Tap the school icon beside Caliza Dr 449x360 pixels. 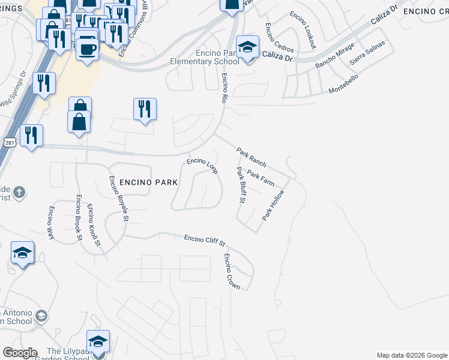point(247,47)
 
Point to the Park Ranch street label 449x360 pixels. point(251,157)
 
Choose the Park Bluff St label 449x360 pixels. point(241,185)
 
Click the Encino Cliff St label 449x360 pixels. point(204,241)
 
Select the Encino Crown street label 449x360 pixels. point(232,272)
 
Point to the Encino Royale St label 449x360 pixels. point(118,199)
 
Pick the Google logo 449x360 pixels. point(20,353)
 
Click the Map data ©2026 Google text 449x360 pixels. point(412,355)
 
